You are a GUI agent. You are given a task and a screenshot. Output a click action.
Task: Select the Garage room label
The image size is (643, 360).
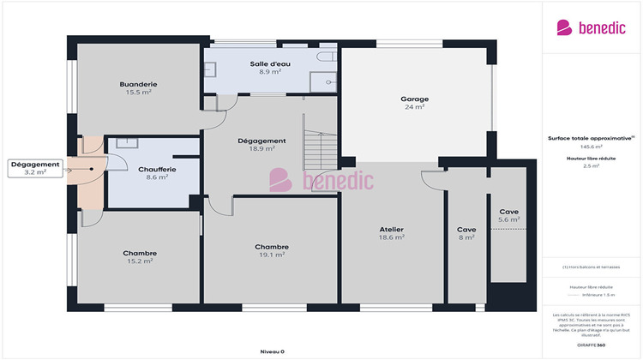tap(414, 99)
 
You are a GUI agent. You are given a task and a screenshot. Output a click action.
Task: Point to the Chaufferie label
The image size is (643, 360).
tap(157, 169)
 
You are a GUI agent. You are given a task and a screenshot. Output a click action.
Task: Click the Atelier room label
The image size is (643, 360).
tap(392, 230)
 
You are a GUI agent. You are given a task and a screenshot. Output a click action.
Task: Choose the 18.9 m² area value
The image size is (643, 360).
tap(261, 148)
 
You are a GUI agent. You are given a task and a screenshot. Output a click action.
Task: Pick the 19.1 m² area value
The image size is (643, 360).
tap(272, 255)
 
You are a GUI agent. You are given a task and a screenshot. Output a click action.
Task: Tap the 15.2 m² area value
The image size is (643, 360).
tap(139, 261)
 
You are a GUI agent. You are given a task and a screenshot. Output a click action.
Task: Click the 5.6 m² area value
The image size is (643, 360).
tap(509, 219)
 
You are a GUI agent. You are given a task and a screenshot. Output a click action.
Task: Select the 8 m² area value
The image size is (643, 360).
tap(466, 237)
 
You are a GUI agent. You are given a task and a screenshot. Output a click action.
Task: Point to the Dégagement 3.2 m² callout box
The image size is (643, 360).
tap(35, 168)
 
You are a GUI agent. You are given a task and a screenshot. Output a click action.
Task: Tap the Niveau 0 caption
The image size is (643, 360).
tap(272, 351)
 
